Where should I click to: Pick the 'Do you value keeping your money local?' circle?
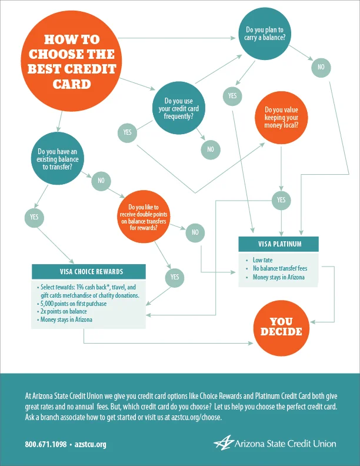281,117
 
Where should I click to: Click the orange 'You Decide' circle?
281,327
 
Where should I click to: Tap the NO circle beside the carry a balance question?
321,67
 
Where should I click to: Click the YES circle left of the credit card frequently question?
127,132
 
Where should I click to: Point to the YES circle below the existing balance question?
34,217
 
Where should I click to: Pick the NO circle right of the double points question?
195,233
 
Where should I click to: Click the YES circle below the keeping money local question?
281,201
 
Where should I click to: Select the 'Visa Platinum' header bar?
279,244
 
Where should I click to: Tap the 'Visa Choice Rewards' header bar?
89,272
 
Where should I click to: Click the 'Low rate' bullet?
262,259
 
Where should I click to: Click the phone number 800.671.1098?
45,444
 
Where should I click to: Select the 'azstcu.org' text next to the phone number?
90,444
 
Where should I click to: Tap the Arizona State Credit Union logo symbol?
224,442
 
